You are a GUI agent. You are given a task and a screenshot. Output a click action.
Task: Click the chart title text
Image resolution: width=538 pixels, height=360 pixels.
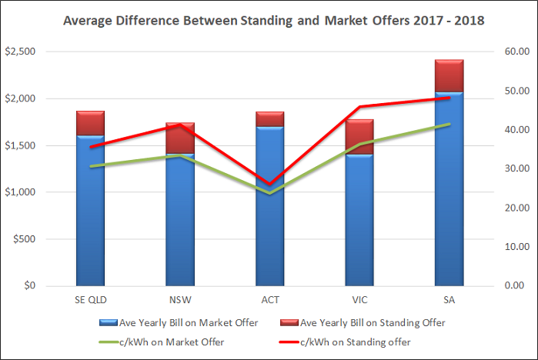coord(269,21)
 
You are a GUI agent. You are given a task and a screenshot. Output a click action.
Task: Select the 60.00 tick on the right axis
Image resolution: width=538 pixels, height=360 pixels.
coord(513,52)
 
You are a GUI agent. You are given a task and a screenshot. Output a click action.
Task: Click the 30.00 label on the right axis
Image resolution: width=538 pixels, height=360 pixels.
coord(513,168)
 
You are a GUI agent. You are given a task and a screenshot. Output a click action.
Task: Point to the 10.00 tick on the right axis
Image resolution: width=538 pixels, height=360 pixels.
coord(513,247)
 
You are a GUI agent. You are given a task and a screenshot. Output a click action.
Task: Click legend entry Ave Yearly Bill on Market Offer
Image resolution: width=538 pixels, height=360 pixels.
coord(192,322)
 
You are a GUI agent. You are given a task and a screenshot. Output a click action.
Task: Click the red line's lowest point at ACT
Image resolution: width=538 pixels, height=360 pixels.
coord(269,185)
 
